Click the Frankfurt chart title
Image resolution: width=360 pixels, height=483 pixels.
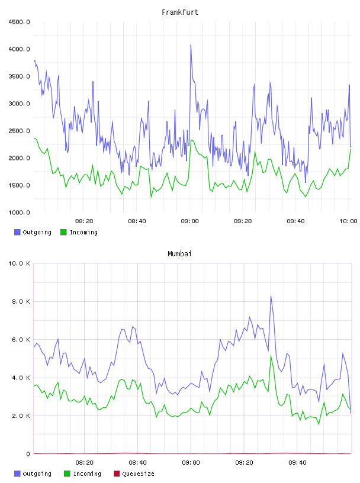point(180,12)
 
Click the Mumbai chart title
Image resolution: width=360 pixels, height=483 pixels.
point(179,254)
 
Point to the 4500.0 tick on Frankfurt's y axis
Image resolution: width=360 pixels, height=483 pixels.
point(20,22)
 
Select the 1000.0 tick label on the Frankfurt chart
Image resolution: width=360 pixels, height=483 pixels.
point(20,212)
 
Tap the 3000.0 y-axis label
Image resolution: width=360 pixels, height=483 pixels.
point(20,104)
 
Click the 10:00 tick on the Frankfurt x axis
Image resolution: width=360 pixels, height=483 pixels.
point(348,221)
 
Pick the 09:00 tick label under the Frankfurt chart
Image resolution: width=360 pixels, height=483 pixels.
point(190,221)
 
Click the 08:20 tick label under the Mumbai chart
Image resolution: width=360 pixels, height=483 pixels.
point(85,463)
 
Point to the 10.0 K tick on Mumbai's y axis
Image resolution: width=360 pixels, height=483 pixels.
point(20,263)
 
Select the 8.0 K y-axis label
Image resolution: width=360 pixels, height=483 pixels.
point(21,301)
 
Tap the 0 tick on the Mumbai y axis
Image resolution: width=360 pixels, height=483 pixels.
point(28,454)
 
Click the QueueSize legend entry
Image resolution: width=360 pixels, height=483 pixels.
point(134,474)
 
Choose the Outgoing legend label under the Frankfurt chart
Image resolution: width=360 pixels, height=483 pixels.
point(37,232)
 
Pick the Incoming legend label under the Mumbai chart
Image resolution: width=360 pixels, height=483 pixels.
point(87,474)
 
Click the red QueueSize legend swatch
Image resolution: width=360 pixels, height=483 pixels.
point(117,474)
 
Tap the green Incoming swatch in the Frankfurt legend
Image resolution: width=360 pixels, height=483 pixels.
point(63,232)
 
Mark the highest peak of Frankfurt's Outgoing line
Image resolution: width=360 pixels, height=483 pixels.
point(191,45)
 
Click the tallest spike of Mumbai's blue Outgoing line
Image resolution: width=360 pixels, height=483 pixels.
point(271,297)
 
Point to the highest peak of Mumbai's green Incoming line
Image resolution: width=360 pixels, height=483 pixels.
point(271,356)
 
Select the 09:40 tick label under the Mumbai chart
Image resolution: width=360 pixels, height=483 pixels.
point(297,463)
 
